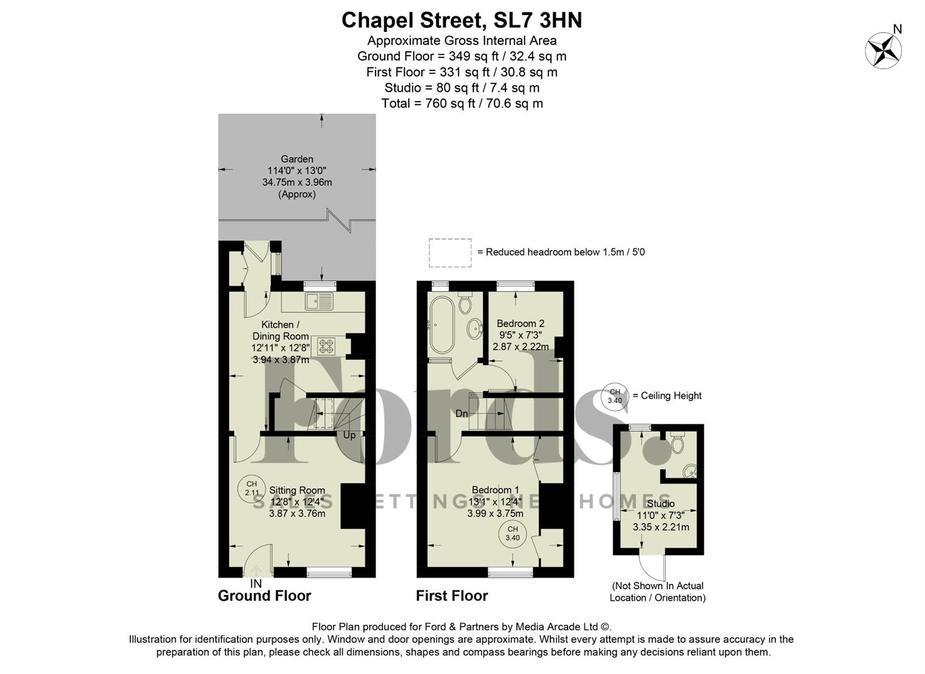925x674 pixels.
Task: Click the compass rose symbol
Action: coord(883,50)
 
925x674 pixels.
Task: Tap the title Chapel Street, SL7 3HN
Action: coord(462,21)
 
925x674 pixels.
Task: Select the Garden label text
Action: coord(297,159)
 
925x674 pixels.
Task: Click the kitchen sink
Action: coord(319,302)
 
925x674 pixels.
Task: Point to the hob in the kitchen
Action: coord(326,346)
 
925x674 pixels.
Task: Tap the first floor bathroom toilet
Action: coord(465,303)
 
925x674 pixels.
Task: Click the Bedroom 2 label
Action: coord(520,323)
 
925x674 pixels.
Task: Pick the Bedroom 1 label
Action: coord(495,490)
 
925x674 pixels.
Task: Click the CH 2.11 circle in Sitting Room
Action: coord(251,488)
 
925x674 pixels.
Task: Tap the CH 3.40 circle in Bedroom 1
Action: coord(512,534)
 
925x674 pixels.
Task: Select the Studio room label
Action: coord(661,504)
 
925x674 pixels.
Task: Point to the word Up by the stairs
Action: coord(349,435)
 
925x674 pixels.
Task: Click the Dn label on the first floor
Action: coord(462,414)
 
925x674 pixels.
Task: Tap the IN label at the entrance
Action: coord(256,584)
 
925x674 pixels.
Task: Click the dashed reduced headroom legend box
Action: coord(450,253)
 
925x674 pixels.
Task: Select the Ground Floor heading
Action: coord(264,596)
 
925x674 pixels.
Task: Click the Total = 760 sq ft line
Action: coord(462,104)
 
